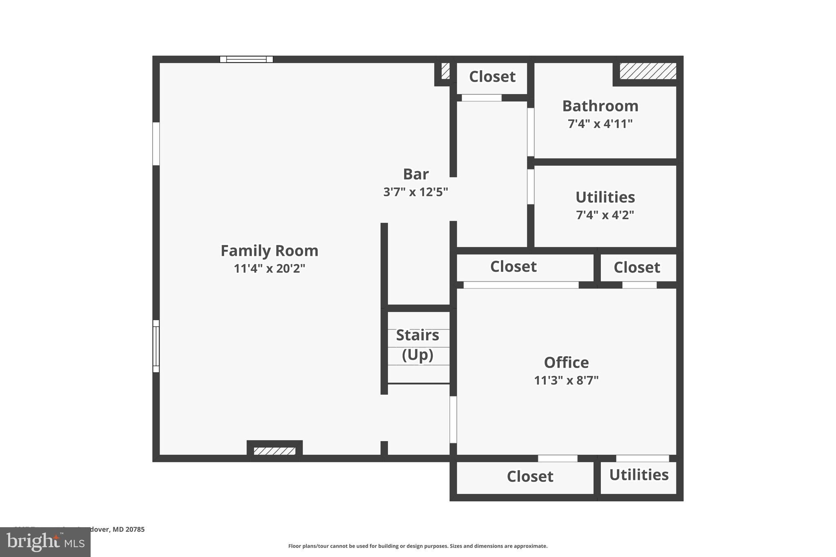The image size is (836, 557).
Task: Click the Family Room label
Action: click(269, 251)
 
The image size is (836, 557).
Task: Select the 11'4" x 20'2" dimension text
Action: click(269, 269)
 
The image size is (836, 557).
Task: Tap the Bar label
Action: click(416, 174)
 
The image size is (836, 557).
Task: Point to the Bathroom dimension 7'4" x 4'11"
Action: click(600, 124)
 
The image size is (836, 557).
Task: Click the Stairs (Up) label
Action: click(418, 345)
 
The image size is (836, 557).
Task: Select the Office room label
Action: click(566, 362)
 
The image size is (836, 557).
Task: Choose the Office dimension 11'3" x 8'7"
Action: click(566, 380)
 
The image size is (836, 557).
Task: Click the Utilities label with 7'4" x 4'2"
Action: click(605, 197)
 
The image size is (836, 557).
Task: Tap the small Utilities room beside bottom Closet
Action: click(639, 475)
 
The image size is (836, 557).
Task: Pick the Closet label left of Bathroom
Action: click(492, 76)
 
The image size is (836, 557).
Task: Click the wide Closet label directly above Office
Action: click(513, 266)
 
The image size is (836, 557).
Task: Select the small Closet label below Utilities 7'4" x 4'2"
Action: click(636, 267)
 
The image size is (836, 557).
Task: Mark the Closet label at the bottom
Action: click(530, 476)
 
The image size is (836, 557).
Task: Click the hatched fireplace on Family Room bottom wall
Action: click(274, 451)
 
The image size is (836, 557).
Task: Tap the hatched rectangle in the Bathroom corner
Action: click(648, 71)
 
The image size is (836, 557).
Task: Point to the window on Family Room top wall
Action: click(246, 59)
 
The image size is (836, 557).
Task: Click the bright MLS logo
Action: click(45, 542)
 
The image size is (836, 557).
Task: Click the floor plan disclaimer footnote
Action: click(418, 546)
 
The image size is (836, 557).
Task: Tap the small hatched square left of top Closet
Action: click(445, 71)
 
